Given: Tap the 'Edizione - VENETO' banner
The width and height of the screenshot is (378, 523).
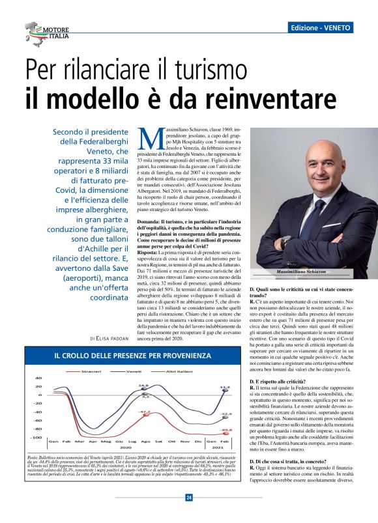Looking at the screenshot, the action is pos(321,28).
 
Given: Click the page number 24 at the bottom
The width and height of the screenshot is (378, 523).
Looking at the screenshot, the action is pos(189,498).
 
